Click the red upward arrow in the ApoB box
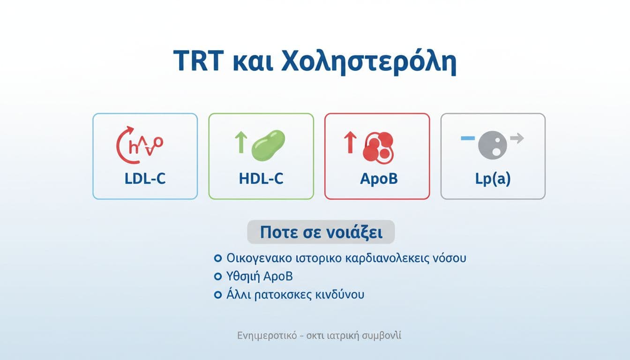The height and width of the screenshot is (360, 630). [350, 142]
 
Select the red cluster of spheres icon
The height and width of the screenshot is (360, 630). [379, 146]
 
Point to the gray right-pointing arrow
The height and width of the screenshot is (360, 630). [517, 138]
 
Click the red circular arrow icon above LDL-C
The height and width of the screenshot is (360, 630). [127, 145]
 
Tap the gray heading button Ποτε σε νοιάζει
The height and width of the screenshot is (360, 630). [321, 232]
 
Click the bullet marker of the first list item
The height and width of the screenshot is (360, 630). [217, 258]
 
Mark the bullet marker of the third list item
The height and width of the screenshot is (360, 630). [217, 295]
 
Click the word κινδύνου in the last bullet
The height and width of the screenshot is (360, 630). [341, 295]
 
